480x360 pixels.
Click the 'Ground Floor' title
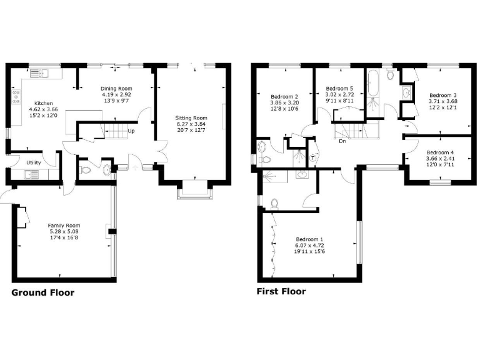[43, 292]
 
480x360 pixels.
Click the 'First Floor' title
[281, 291]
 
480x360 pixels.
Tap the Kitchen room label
[44, 103]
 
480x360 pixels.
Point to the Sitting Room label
[191, 117]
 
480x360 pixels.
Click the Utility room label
[34, 163]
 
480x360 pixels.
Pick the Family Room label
[64, 226]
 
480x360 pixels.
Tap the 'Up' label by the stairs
[131, 131]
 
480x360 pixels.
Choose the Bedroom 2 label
[284, 96]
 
